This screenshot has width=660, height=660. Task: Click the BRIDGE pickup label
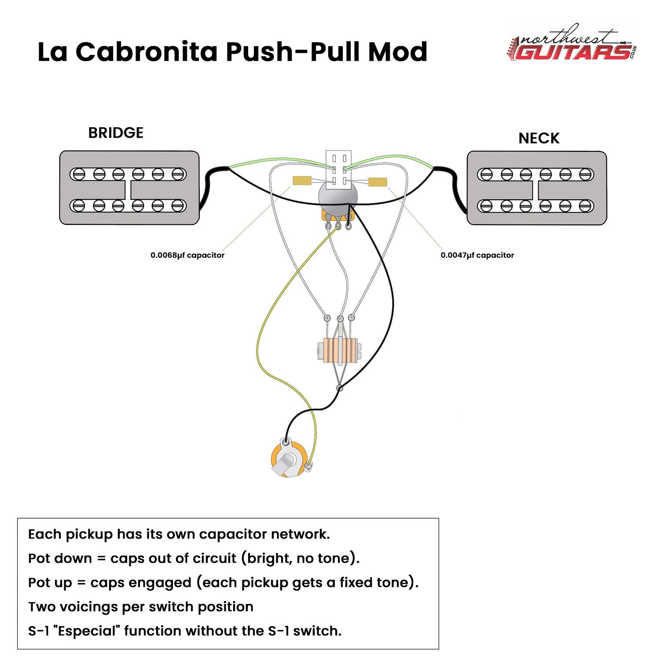point(116,133)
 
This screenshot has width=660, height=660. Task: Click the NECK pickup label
point(539,138)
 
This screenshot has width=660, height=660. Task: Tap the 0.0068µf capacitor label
point(187,255)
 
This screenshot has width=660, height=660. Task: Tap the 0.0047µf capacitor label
point(477,255)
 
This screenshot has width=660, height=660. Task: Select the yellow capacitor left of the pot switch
point(302,180)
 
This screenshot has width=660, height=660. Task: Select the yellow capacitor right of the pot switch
point(378,182)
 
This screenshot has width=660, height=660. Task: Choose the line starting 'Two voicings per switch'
point(141,607)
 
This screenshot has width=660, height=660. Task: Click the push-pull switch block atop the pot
point(338,170)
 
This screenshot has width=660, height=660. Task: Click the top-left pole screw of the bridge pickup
point(79,174)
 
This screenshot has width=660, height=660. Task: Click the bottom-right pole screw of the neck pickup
point(586,205)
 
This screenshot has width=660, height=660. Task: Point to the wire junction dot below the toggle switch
point(339,388)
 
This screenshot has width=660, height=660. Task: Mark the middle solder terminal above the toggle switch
point(340,318)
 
